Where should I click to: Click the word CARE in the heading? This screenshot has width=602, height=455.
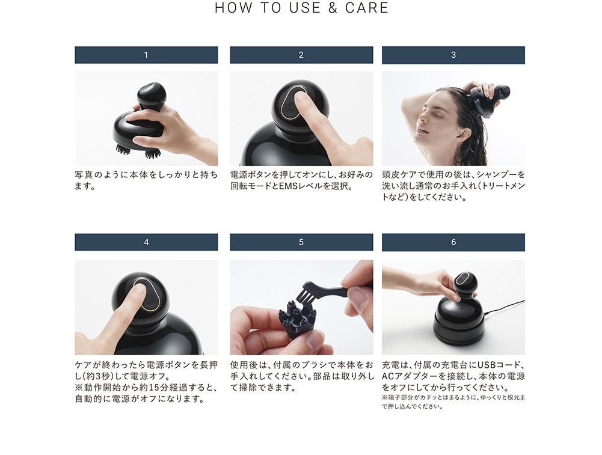tap(367, 8)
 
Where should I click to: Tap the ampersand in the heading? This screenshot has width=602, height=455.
tap(333, 8)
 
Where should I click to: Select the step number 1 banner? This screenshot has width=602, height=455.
tap(146, 55)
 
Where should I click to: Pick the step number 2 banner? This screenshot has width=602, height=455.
tap(301, 55)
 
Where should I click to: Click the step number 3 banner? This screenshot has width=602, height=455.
tap(453, 55)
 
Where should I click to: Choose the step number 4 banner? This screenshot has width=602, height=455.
tap(146, 242)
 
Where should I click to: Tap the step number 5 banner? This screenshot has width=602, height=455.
tap(301, 242)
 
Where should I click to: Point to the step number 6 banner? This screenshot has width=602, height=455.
tap(453, 242)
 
